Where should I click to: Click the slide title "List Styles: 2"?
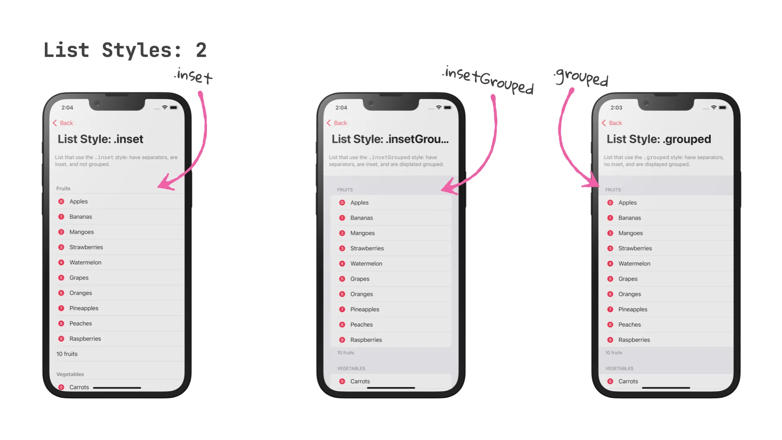(125, 51)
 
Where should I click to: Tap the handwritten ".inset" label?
(194, 76)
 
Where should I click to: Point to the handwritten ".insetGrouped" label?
(488, 79)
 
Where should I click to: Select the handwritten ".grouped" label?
(582, 77)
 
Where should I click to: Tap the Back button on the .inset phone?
(63, 123)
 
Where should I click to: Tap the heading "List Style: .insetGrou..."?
(390, 139)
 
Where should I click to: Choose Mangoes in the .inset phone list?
(81, 232)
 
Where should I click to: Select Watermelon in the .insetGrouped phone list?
(366, 264)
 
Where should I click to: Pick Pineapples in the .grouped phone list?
(633, 310)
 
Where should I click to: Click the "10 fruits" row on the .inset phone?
(67, 354)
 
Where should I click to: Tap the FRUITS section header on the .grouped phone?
(613, 190)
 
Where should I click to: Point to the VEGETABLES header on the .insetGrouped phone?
(351, 369)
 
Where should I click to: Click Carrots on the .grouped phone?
(628, 382)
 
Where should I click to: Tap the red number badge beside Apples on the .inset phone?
(62, 202)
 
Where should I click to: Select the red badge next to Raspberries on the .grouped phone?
(610, 340)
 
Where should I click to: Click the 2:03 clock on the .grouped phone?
(616, 108)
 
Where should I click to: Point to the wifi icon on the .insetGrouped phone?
(439, 108)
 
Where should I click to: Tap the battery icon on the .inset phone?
(174, 108)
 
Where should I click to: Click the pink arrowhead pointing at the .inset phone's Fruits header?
(165, 183)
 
